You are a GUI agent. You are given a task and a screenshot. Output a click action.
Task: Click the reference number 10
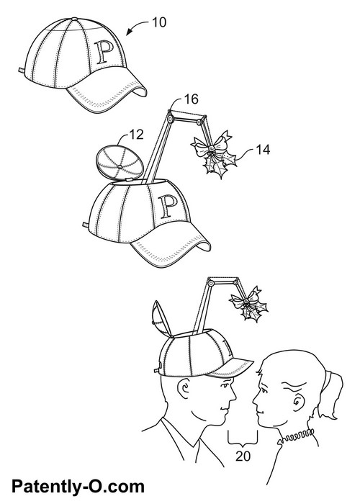[159, 22]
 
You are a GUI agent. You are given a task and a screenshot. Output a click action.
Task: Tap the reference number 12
[136, 135]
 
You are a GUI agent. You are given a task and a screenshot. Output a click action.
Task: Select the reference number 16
[191, 99]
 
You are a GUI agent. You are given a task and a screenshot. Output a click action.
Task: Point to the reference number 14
[263, 150]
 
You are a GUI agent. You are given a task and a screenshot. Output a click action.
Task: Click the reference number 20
[243, 456]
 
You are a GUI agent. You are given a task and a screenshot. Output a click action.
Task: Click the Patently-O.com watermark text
[78, 487]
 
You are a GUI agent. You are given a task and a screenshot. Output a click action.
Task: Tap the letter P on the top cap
[105, 51]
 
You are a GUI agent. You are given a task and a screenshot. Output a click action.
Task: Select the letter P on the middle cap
[168, 206]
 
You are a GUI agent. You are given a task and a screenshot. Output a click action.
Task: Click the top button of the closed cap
[75, 19]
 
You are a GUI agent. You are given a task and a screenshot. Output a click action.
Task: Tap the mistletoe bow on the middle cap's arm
[210, 145]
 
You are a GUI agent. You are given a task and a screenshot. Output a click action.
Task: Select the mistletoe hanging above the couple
[249, 304]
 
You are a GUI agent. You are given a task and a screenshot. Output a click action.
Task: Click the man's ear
[184, 388]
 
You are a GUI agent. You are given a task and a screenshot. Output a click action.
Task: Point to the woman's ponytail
[331, 395]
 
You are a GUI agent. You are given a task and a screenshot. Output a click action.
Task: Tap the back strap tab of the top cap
[21, 70]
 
